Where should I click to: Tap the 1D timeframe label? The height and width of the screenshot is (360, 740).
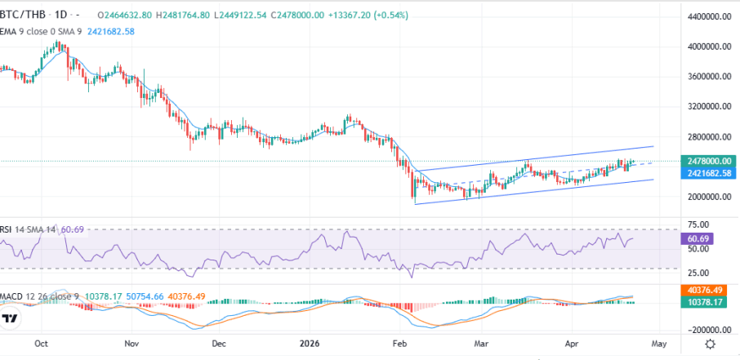(62, 16)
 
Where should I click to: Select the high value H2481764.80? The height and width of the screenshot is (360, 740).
(187, 16)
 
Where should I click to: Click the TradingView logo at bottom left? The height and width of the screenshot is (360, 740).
(11, 319)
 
